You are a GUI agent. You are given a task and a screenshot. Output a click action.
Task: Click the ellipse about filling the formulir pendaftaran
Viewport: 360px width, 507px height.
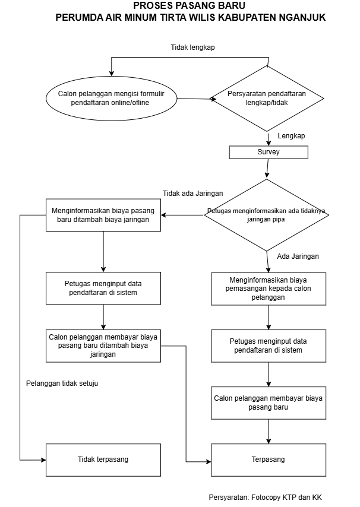point(112,98)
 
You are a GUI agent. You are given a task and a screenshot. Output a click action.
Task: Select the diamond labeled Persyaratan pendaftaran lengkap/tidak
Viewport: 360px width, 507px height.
point(267,98)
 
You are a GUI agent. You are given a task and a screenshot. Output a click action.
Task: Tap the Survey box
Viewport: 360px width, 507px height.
point(269,152)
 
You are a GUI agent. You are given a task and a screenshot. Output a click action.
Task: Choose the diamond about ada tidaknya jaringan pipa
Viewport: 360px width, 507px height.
point(267,214)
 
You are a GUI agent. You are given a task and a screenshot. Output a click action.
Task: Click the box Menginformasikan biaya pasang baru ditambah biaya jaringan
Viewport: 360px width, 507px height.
point(103,215)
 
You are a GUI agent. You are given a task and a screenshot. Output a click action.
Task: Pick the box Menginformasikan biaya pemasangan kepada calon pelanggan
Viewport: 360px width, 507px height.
point(269,289)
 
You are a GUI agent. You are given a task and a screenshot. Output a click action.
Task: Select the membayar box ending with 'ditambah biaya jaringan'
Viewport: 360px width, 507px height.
point(103,345)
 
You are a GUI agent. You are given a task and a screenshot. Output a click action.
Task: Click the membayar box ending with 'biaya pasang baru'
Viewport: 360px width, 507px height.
point(269,403)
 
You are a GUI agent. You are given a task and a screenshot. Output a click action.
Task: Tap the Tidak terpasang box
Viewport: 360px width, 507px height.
point(103,460)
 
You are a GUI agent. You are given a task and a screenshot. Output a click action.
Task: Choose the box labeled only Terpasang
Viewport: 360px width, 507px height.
point(269,460)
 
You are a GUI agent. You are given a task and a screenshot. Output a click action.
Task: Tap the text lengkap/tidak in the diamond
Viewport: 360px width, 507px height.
point(267,103)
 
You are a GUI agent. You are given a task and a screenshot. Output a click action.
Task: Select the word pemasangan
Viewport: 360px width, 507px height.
point(246,289)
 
